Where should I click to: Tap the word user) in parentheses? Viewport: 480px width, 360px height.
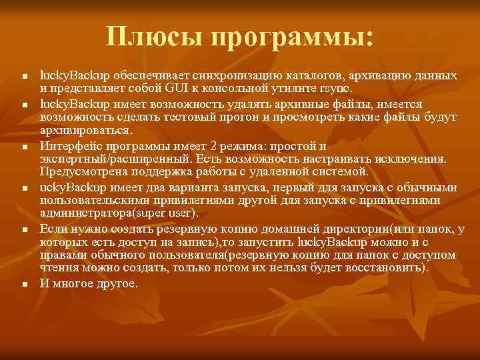click(x=179, y=213)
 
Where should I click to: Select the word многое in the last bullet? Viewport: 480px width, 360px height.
click(x=75, y=283)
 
